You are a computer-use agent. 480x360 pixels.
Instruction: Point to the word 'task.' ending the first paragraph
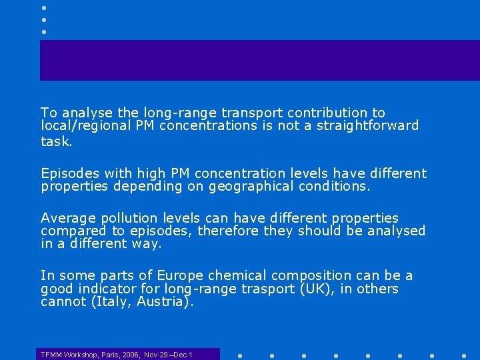[57, 141]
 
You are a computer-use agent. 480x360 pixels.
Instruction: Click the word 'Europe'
[180, 275]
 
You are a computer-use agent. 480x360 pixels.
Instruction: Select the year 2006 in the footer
[129, 355]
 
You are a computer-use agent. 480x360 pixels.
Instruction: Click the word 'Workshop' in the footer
[79, 355]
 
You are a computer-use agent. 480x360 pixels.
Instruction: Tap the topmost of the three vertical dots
[43, 8]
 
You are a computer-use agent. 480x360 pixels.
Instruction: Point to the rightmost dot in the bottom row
[464, 355]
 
